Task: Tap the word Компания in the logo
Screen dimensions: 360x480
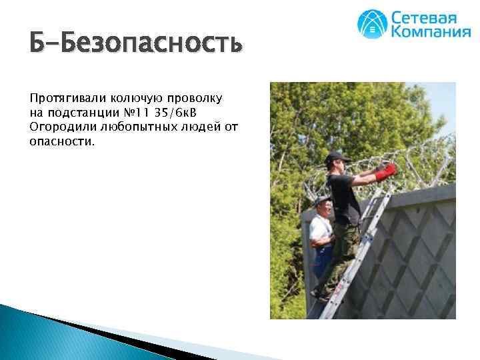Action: pos(430,32)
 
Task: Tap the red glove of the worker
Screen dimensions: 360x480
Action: pos(386,173)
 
